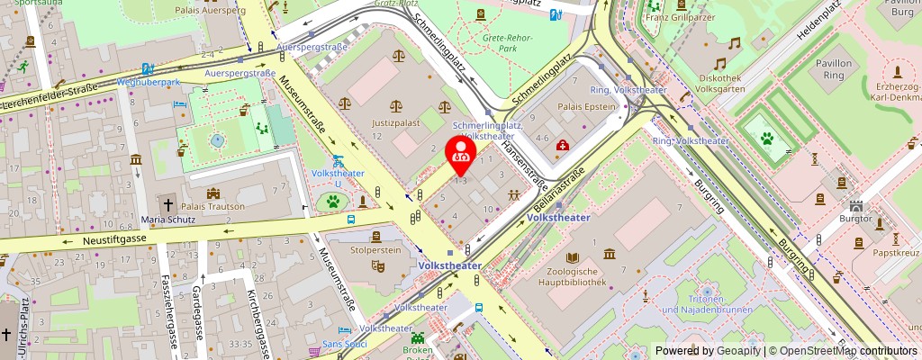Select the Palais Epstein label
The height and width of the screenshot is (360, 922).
click(591, 106)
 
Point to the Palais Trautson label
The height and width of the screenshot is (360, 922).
click(213, 206)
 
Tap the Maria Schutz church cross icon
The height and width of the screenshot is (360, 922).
click(167, 205)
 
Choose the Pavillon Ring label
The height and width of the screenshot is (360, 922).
click(839, 70)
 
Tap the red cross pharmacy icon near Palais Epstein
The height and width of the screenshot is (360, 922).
click(563, 145)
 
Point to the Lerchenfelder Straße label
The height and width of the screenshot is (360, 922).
click(50, 96)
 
